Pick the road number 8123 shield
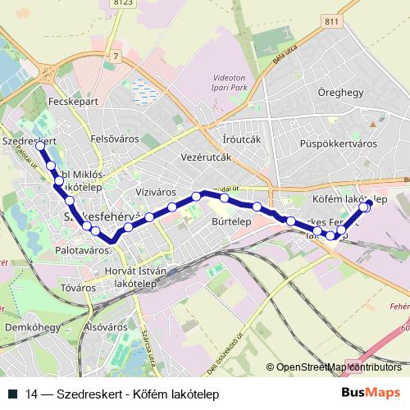(124, 3)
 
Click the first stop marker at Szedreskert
(41, 146)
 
